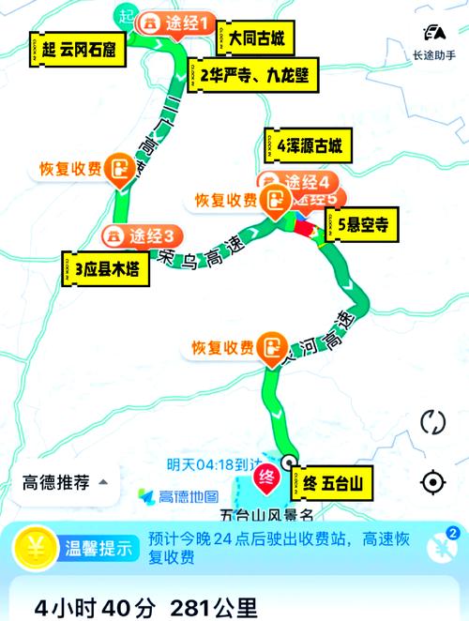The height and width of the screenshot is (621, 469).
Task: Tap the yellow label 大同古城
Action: pos(252,40)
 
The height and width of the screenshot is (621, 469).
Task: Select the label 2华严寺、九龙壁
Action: pos(253,73)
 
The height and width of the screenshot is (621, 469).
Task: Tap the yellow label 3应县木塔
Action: pos(101,269)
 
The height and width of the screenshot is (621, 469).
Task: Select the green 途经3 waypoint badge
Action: pos(143,235)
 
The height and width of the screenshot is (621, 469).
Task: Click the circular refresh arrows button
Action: pos(433,421)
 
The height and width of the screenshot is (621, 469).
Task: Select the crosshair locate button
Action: pos(433,482)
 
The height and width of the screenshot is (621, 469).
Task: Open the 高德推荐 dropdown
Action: pos(65,483)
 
